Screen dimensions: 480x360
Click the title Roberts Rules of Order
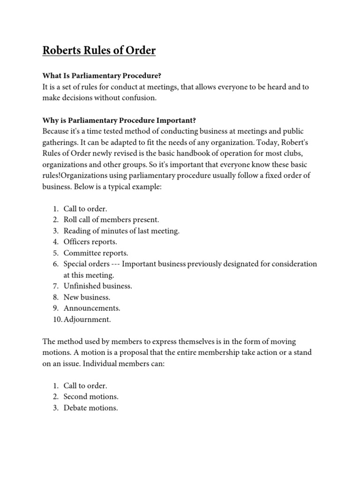(x=99, y=50)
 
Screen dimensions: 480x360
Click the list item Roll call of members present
(x=112, y=219)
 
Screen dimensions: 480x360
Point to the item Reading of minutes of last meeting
(x=121, y=231)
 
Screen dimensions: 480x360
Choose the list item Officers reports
(x=90, y=242)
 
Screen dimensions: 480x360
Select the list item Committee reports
(x=96, y=253)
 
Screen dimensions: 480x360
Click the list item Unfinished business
(x=98, y=286)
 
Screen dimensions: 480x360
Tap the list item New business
(x=87, y=297)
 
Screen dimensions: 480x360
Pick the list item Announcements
(x=92, y=308)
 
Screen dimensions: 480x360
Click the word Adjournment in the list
(x=87, y=319)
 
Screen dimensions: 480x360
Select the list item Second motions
(x=91, y=397)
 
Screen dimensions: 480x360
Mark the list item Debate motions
(x=91, y=408)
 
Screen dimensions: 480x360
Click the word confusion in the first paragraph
(x=142, y=98)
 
